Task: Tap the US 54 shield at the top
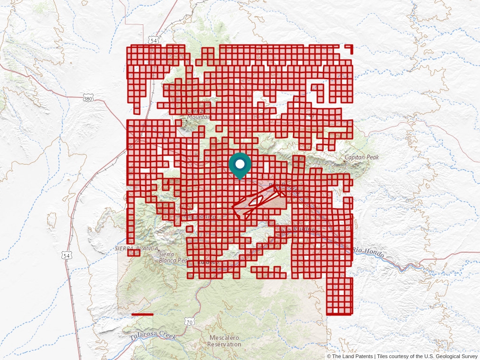[x=154, y=41]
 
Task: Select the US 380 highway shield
[x=88, y=98]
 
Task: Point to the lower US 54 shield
[x=67, y=255]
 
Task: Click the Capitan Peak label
[x=361, y=157]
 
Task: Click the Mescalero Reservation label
[x=225, y=341]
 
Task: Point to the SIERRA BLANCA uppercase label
[x=136, y=248]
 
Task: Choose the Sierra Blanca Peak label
[x=174, y=257]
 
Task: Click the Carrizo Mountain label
[x=198, y=114]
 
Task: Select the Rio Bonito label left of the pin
[x=201, y=217]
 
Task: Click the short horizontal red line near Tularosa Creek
[x=142, y=314]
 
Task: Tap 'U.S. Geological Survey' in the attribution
[x=450, y=356]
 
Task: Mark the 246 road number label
[x=309, y=115]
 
